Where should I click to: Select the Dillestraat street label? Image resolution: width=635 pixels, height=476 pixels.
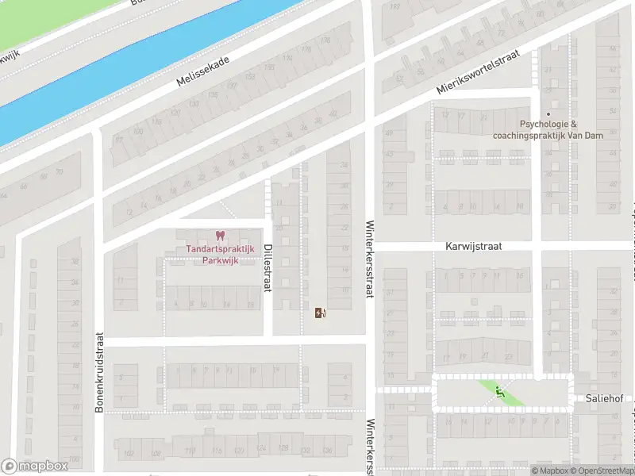[x=267, y=267]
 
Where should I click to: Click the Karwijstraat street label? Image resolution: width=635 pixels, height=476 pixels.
[x=474, y=247]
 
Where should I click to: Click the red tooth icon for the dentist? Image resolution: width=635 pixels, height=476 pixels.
[x=220, y=236]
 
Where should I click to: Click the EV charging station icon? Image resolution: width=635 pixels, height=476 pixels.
[x=320, y=313]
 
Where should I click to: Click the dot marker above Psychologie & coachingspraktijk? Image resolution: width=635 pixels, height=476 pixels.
[x=548, y=113]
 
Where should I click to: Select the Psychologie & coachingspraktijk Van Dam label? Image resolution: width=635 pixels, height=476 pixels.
[x=548, y=129]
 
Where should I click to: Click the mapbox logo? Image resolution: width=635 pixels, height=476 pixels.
[x=34, y=466]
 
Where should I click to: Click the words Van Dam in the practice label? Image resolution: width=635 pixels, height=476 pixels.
[x=586, y=135]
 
